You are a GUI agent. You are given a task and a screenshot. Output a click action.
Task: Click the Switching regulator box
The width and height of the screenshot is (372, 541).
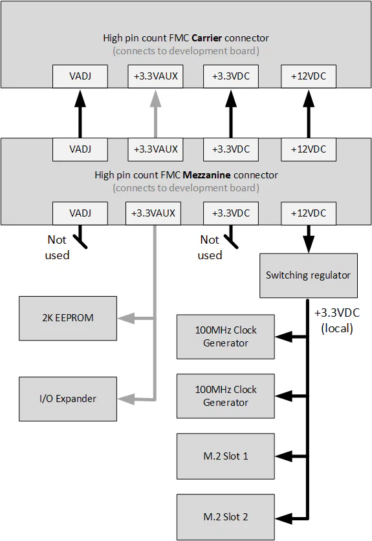(x=308, y=275)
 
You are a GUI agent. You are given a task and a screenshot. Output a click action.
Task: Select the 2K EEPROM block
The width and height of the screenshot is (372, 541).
(x=68, y=318)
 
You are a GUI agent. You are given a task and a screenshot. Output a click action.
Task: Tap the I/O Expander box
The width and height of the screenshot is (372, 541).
(x=68, y=399)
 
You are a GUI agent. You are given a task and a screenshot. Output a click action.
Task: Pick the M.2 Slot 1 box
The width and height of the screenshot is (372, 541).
(x=226, y=456)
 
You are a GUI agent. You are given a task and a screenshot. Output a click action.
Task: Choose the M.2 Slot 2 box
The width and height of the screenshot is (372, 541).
(x=226, y=516)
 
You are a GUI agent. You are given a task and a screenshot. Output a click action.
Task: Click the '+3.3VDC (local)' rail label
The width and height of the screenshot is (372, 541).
(x=336, y=320)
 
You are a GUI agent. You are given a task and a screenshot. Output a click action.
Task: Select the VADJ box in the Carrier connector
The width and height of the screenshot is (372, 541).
(x=80, y=77)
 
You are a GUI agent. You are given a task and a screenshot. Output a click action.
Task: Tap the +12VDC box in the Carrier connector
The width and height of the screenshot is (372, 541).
(x=309, y=77)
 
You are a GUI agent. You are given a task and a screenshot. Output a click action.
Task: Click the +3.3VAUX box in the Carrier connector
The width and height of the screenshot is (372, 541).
(x=155, y=77)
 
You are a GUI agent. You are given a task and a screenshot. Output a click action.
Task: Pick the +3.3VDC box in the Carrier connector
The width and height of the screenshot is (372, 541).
(x=231, y=77)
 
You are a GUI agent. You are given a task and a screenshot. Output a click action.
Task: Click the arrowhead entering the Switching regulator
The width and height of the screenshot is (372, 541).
(x=309, y=246)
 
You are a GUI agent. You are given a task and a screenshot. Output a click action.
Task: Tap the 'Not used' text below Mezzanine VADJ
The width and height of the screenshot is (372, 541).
(x=57, y=248)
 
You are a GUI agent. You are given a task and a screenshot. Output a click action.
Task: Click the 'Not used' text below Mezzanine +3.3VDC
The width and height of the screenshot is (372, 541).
(x=209, y=248)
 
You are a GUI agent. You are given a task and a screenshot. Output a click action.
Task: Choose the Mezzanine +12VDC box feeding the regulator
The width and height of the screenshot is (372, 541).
(x=309, y=213)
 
